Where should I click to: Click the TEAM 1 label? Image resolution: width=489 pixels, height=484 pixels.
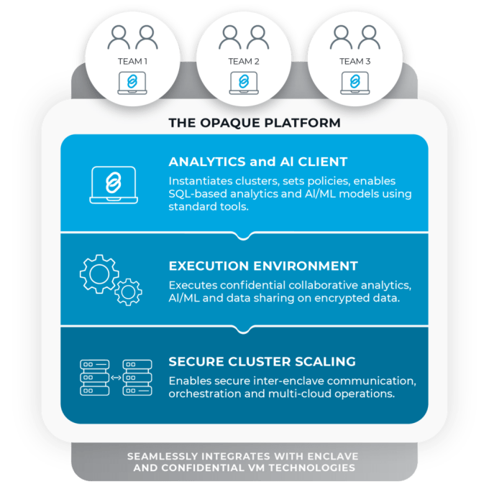pos(133,62)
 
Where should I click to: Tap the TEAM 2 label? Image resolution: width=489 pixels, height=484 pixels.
pos(244,62)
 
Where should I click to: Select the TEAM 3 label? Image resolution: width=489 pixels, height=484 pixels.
pos(355,62)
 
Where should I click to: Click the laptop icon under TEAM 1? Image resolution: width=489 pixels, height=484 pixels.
pos(133,83)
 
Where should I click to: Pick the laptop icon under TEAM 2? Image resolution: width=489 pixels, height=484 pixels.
pos(244,83)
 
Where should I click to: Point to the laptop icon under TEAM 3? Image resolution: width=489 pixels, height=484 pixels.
pos(355,83)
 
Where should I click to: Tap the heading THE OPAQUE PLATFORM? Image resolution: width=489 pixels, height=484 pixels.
pos(255,123)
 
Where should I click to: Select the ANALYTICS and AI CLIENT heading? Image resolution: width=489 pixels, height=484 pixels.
pos(257,162)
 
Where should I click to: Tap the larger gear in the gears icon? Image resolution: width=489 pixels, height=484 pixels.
pos(99,272)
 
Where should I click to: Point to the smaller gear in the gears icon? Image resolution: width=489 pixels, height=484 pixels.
pos(129,291)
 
